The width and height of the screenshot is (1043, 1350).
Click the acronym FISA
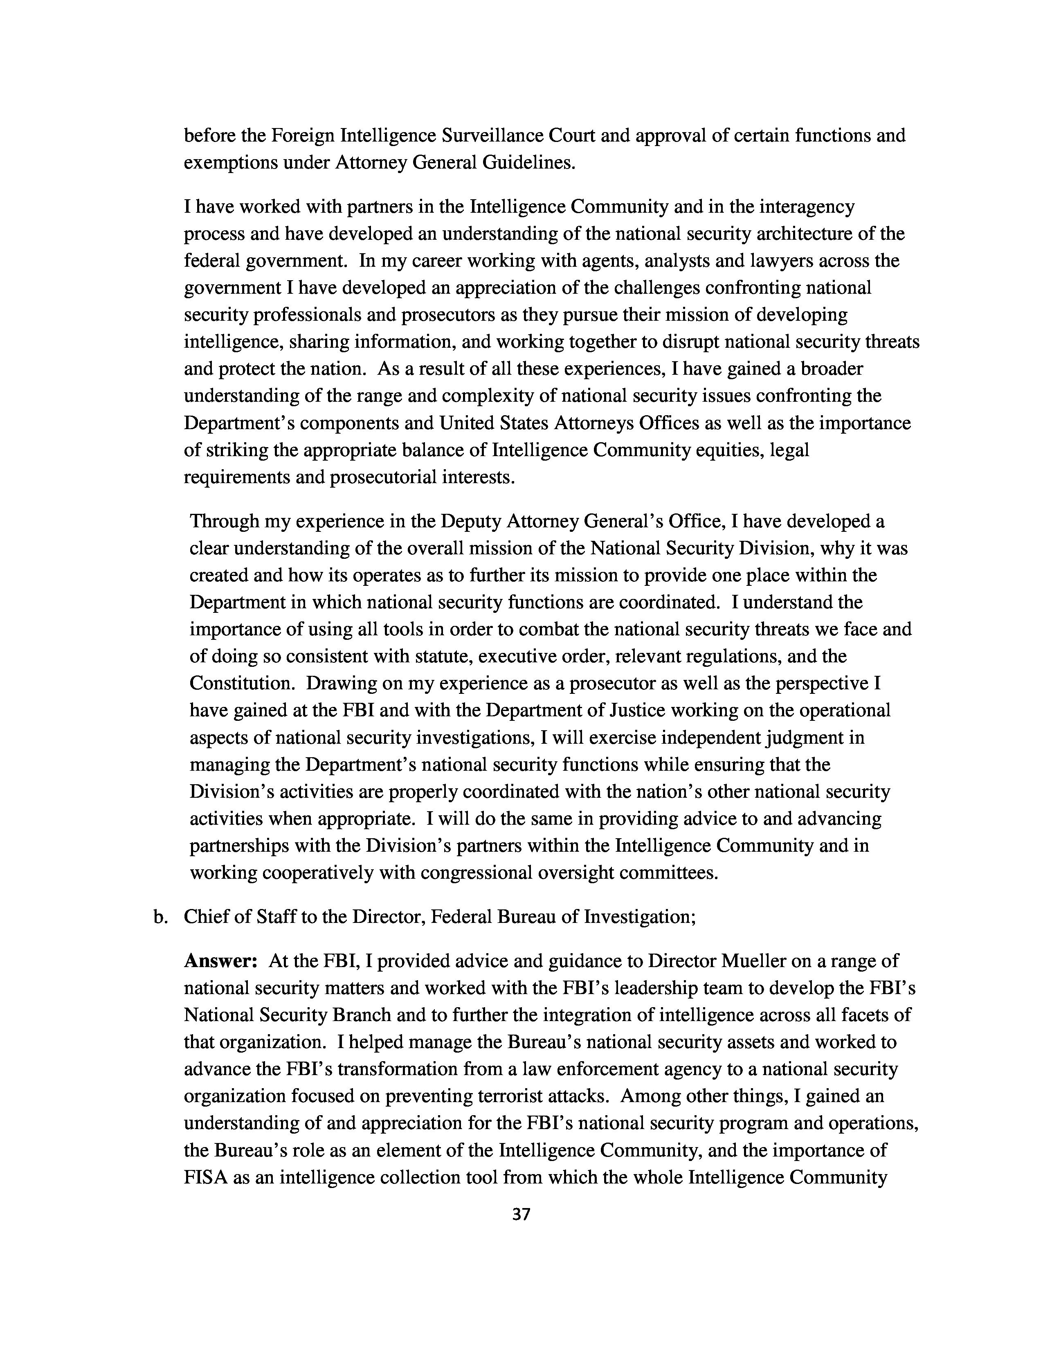207,1177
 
